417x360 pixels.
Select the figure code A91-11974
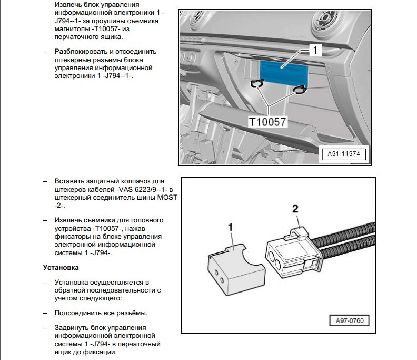pyautogui.click(x=344, y=154)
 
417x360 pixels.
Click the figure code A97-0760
pyautogui.click(x=349, y=320)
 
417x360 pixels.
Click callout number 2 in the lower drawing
pyautogui.click(x=295, y=209)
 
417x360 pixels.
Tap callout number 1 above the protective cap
pyautogui.click(x=230, y=227)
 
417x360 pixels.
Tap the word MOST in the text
pyautogui.click(x=167, y=197)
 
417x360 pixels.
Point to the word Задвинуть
pyautogui.click(x=73, y=327)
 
